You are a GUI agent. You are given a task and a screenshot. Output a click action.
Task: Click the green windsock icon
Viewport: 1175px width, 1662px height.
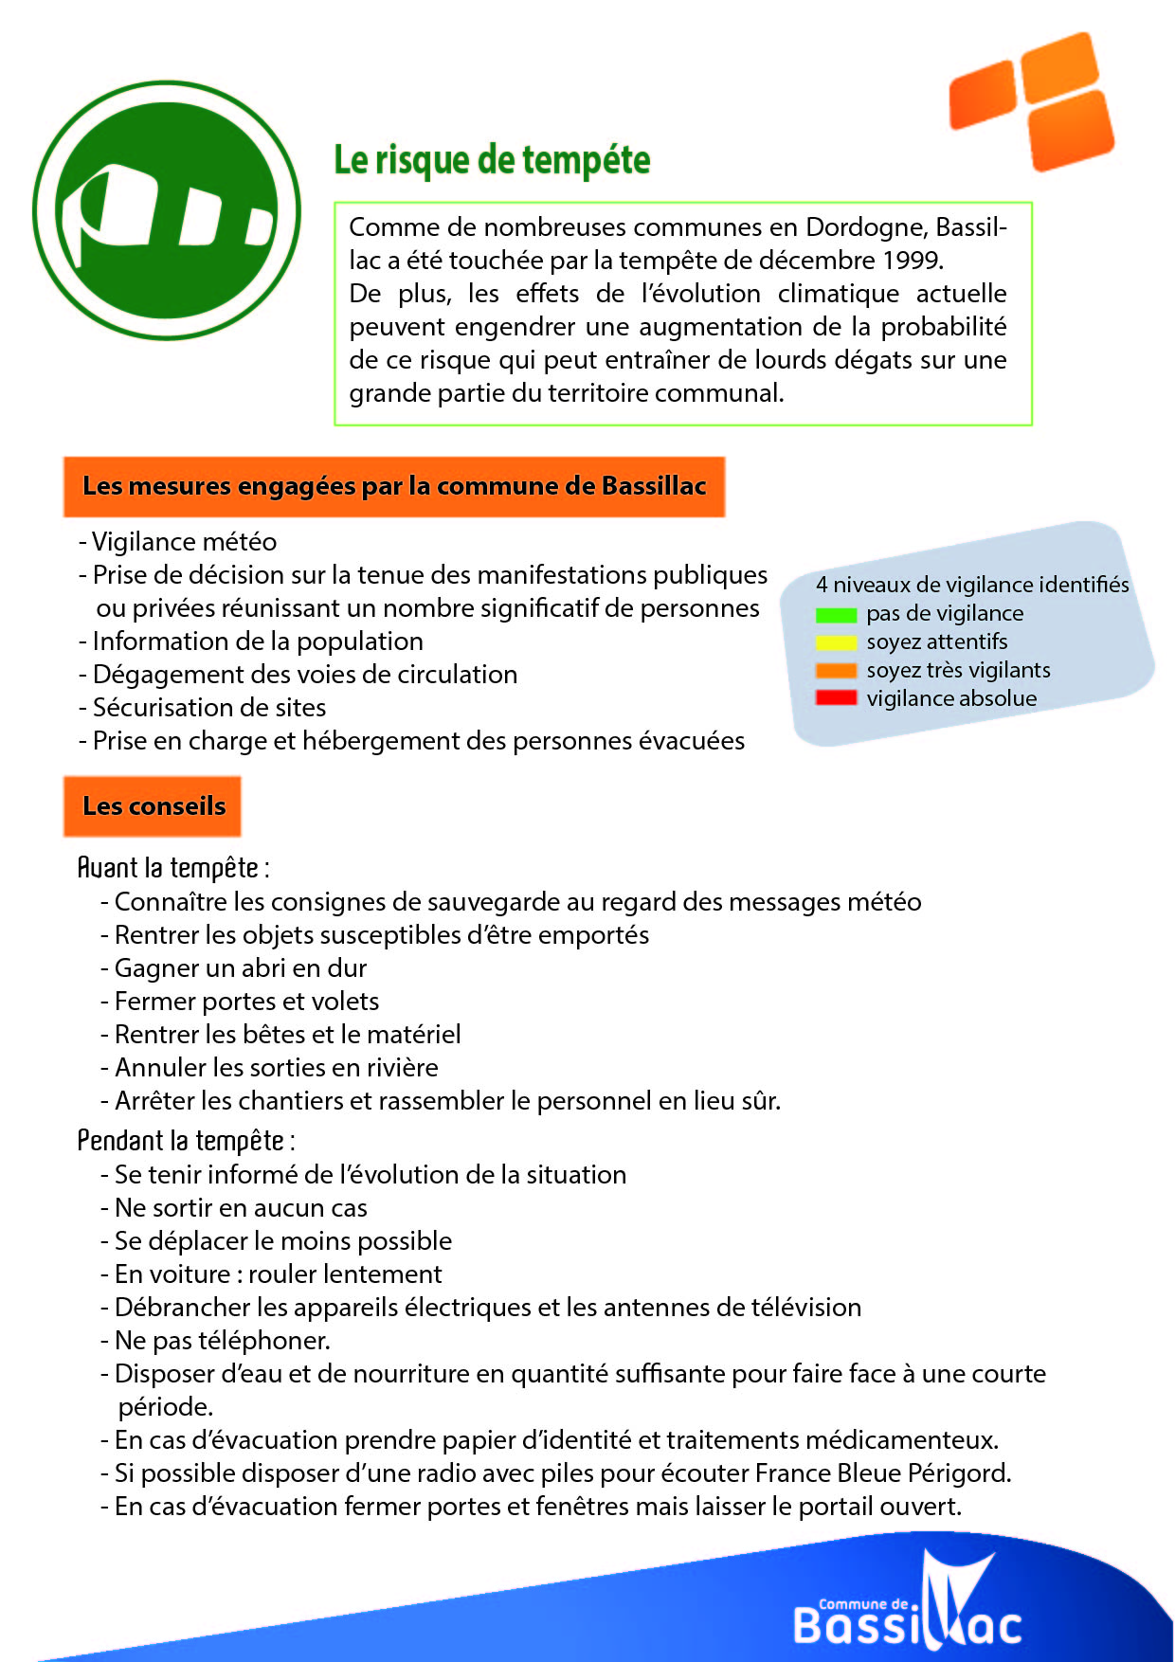coord(167,209)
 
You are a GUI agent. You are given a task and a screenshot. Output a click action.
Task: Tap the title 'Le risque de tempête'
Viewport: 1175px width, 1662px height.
coord(492,160)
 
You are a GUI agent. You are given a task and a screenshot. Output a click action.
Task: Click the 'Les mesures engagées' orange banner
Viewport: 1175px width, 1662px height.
coord(394,486)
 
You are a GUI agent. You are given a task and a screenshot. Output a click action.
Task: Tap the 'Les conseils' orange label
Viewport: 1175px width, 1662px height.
coord(153,806)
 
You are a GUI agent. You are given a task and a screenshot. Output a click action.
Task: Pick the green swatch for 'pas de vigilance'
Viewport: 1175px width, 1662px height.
coord(836,615)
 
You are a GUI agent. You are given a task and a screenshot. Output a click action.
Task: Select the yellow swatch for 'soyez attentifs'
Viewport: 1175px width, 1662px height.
coord(836,643)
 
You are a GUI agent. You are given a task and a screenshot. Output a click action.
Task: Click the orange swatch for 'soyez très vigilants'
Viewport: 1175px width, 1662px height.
coord(836,671)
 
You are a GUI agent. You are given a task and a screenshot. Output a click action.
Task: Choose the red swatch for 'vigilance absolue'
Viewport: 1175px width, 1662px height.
coord(836,698)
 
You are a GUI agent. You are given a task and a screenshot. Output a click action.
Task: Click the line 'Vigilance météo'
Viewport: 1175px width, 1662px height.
coord(184,542)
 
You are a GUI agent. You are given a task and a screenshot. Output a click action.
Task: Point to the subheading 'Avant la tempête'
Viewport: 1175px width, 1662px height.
coord(172,868)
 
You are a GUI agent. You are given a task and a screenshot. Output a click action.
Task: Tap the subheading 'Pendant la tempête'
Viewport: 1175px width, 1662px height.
coord(185,1141)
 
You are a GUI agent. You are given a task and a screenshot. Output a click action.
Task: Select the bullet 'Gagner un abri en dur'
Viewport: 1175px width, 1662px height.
coord(240,968)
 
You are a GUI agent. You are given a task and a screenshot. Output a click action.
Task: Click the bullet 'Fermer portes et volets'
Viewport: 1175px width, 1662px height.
coord(246,1002)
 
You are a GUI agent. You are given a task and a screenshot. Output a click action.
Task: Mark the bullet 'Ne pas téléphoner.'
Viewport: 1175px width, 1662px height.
coord(222,1341)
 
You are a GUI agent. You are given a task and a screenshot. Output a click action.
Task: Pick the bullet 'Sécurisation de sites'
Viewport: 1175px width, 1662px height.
coord(208,708)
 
